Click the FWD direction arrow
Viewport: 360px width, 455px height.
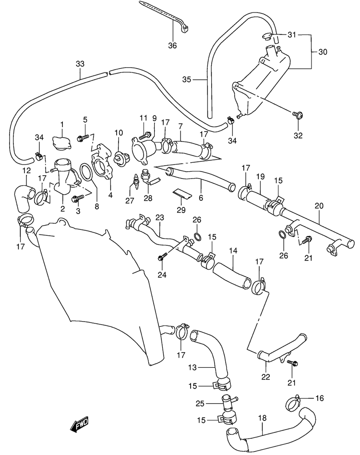click(x=79, y=424)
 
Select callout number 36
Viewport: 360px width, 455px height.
click(x=172, y=46)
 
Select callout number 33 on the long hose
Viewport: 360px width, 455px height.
click(x=80, y=63)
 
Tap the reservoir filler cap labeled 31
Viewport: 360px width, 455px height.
click(x=266, y=37)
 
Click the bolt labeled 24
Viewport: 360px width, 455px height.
click(x=162, y=256)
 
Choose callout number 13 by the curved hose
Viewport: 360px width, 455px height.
click(x=192, y=367)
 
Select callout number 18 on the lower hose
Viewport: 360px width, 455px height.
click(x=262, y=418)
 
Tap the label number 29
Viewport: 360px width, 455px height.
click(x=181, y=210)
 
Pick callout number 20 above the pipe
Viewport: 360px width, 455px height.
click(x=319, y=206)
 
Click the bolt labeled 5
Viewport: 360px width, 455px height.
click(x=83, y=139)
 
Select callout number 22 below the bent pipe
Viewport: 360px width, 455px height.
click(x=265, y=377)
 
